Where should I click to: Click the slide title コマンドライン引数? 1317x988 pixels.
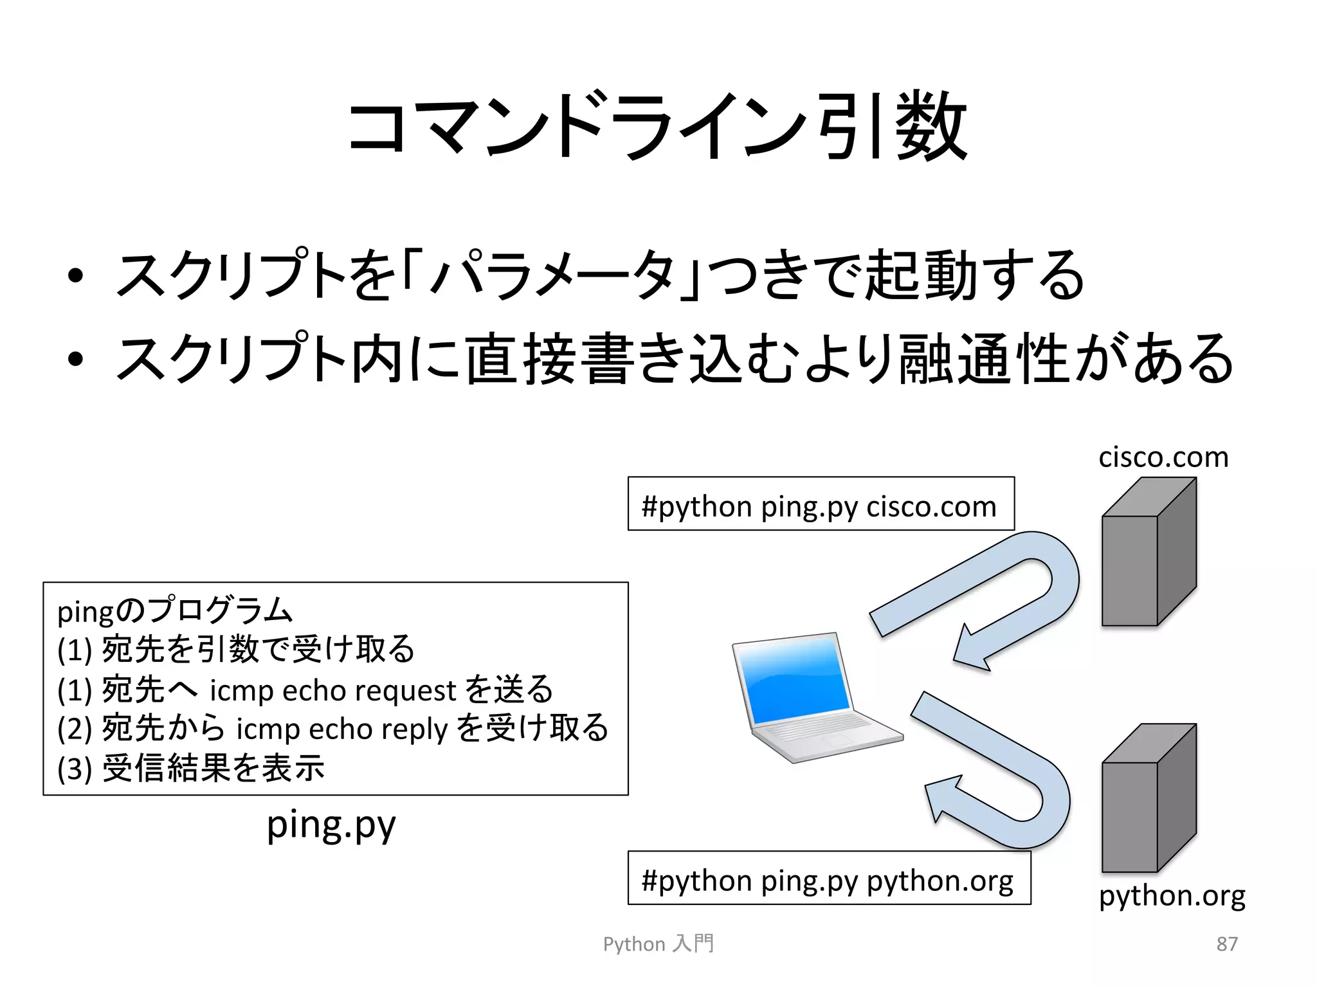tap(657, 127)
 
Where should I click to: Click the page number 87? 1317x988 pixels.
tap(1226, 944)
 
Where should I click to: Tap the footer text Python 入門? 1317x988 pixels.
tap(658, 944)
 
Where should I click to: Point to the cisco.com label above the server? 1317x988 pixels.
tap(1163, 457)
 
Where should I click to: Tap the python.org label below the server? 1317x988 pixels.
tap(1172, 896)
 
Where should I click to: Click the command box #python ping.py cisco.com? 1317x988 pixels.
tap(821, 504)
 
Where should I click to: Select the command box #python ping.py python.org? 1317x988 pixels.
tap(828, 879)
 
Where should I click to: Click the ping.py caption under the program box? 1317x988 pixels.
tap(331, 825)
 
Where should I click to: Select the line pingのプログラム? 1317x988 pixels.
tap(175, 610)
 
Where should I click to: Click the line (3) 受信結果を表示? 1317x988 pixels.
tap(191, 767)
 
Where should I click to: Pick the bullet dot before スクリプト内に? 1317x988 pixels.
tap(75, 360)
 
